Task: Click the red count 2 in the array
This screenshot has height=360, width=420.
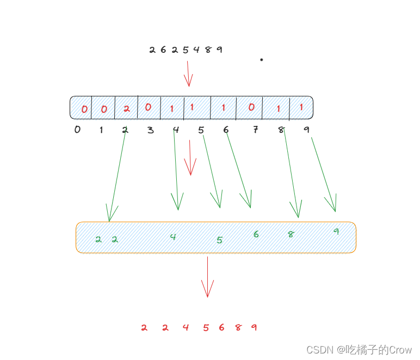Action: [x=126, y=108]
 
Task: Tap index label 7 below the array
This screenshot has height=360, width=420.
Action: [x=255, y=130]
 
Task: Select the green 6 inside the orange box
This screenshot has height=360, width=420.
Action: [x=256, y=234]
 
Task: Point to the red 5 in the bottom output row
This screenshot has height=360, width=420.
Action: [x=206, y=327]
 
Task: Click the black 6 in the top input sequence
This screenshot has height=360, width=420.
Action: [x=163, y=50]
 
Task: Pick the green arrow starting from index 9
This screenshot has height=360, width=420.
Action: [x=323, y=174]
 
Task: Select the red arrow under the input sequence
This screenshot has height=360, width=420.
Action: [x=188, y=74]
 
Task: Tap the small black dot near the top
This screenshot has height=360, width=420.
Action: [x=261, y=59]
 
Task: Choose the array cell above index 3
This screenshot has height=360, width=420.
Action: [x=149, y=107]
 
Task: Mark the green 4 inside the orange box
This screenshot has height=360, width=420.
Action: [x=172, y=236]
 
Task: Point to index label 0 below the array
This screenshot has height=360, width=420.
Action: [x=77, y=130]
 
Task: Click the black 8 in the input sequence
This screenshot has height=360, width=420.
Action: [x=208, y=50]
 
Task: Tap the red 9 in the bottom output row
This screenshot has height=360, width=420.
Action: [x=254, y=327]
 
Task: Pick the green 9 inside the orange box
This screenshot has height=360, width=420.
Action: [x=336, y=231]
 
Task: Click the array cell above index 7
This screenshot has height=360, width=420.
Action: [x=250, y=107]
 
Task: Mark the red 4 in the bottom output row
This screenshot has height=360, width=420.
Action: [x=186, y=327]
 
